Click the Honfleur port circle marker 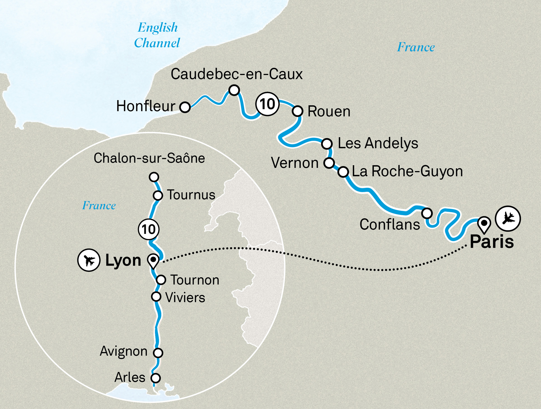(185, 107)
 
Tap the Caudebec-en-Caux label (236, 74)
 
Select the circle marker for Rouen (297, 111)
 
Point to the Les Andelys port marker (327, 143)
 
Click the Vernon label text (295, 163)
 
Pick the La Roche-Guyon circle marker (343, 172)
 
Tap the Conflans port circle (427, 213)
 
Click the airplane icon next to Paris (508, 218)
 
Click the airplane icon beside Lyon (89, 260)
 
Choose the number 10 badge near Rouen (267, 104)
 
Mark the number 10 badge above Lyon (149, 229)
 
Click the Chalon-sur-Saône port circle (154, 177)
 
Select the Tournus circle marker (158, 195)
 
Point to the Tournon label (194, 280)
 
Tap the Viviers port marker (156, 297)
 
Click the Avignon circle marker (158, 353)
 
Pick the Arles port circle (156, 378)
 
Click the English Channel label (157, 35)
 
